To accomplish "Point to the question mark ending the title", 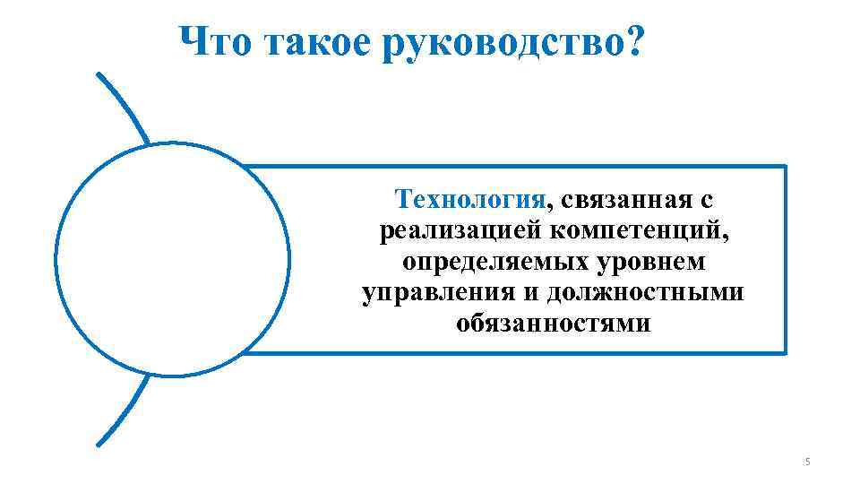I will click(x=633, y=41).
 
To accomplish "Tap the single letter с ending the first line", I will click(x=706, y=199).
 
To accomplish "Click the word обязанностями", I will click(x=554, y=324).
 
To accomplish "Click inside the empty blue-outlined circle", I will click(x=172, y=258).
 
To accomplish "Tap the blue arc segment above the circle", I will click(x=124, y=108).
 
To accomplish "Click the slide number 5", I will click(x=807, y=462).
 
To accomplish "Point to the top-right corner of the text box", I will click(x=785, y=166).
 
